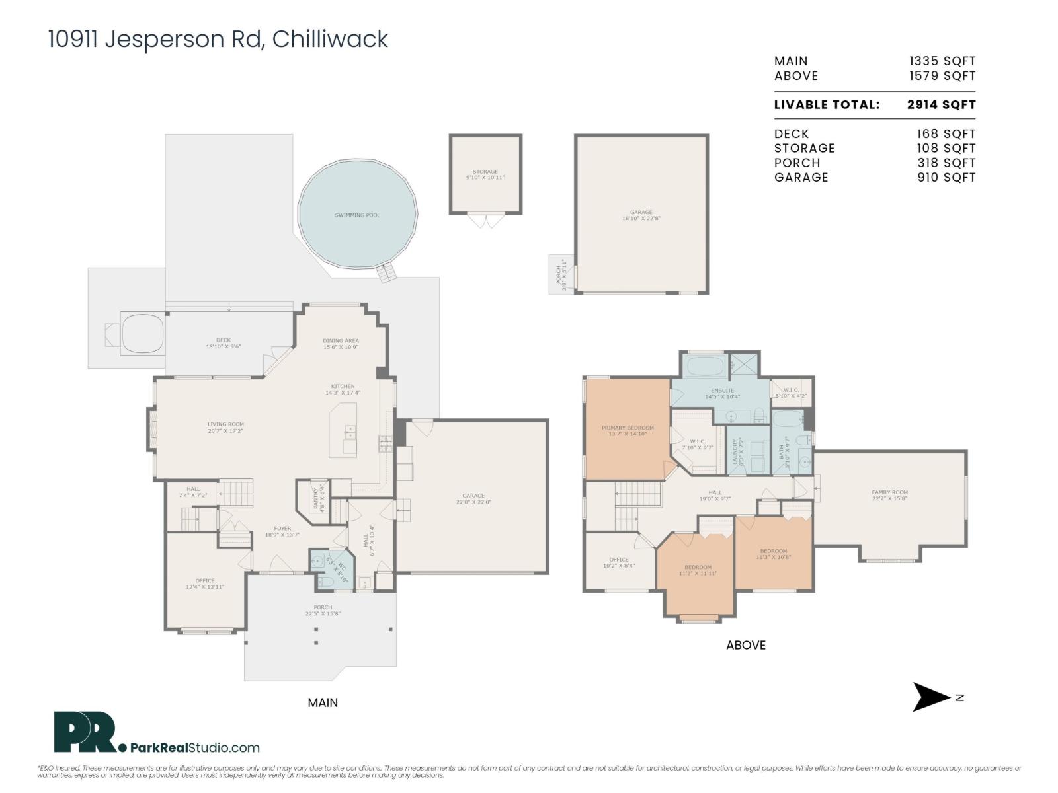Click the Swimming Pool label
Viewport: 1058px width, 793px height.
click(x=357, y=215)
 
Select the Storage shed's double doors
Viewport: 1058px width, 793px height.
click(x=485, y=220)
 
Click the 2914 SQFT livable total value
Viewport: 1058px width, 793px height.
click(x=941, y=104)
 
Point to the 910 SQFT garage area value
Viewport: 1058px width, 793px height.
click(x=946, y=177)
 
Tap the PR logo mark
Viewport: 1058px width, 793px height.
click(x=85, y=732)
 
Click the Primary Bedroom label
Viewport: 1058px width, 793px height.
click(x=628, y=428)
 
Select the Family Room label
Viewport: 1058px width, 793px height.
click(x=889, y=492)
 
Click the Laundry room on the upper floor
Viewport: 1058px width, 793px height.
click(x=748, y=450)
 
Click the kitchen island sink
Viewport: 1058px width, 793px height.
click(x=348, y=432)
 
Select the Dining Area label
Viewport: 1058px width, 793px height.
click(x=341, y=341)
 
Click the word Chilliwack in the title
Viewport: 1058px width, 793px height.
click(x=330, y=39)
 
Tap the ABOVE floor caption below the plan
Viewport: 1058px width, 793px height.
click(x=745, y=645)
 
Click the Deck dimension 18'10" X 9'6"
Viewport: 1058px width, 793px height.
click(x=223, y=346)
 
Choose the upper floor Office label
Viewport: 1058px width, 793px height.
click(x=618, y=560)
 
